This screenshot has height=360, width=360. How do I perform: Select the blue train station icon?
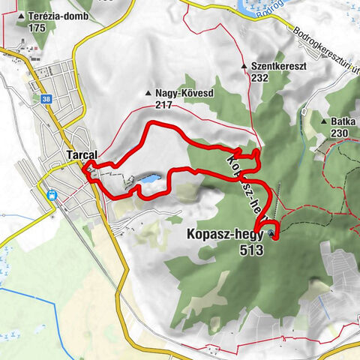52,194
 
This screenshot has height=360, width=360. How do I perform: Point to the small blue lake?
148,180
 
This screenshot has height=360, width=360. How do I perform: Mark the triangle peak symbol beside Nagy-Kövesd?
147,94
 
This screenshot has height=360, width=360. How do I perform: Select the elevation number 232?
260,78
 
